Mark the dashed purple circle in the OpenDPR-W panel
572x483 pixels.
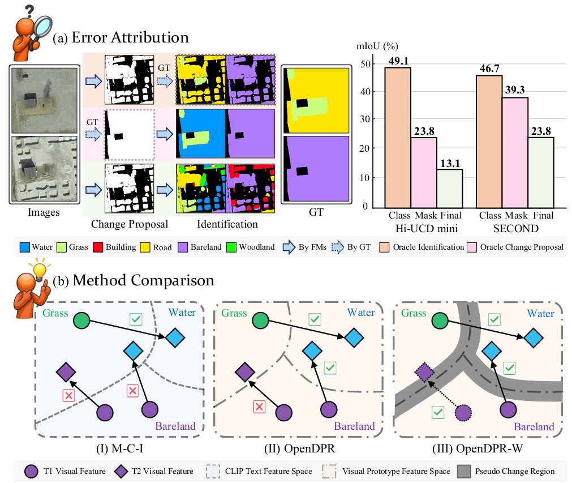463,413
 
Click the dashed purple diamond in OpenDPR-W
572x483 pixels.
424,372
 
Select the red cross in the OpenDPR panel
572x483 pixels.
259,406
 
